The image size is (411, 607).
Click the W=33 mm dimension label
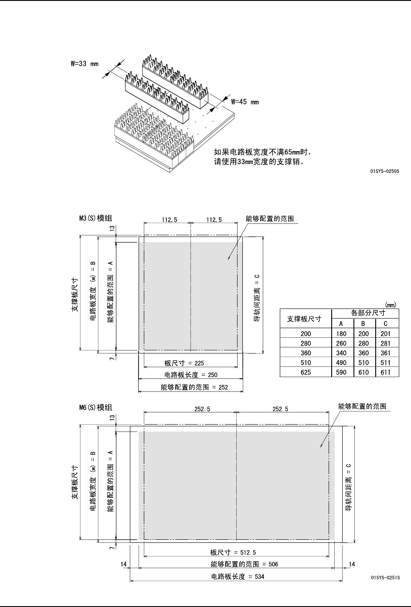click(x=85, y=64)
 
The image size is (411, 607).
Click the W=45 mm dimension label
click(x=245, y=102)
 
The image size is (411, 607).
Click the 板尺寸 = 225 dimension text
click(x=184, y=363)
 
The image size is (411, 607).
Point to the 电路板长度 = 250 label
click(x=190, y=374)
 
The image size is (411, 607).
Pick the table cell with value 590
click(x=342, y=372)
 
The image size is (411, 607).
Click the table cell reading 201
click(x=386, y=333)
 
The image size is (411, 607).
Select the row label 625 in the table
click(x=306, y=372)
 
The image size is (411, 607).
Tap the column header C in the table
click(x=386, y=323)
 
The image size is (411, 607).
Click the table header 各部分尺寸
click(x=365, y=313)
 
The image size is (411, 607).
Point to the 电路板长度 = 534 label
click(x=238, y=576)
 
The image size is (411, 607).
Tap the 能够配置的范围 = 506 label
click(x=244, y=564)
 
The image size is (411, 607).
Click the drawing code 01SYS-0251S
click(x=385, y=577)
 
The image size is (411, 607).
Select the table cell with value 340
click(x=342, y=353)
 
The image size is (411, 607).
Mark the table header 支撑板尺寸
click(x=306, y=319)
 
